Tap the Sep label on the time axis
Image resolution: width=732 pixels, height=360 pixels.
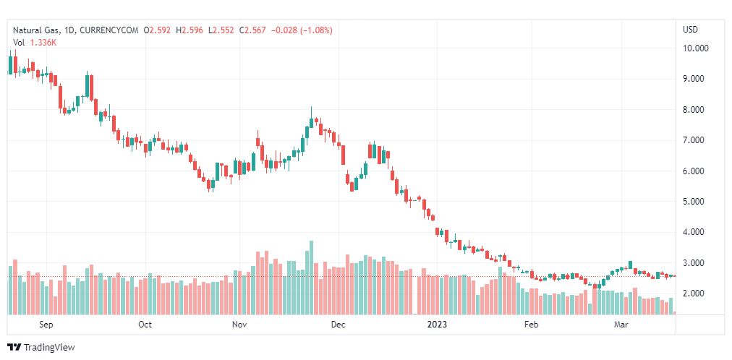click(x=46, y=325)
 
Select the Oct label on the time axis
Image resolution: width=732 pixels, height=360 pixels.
click(x=145, y=325)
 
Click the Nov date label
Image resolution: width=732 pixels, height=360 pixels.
click(x=240, y=325)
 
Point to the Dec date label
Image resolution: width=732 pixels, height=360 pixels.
click(x=338, y=325)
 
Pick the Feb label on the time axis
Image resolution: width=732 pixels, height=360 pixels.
click(x=532, y=325)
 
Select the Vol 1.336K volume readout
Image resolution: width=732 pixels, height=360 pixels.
click(x=35, y=43)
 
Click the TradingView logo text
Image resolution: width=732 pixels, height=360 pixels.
click(x=48, y=348)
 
